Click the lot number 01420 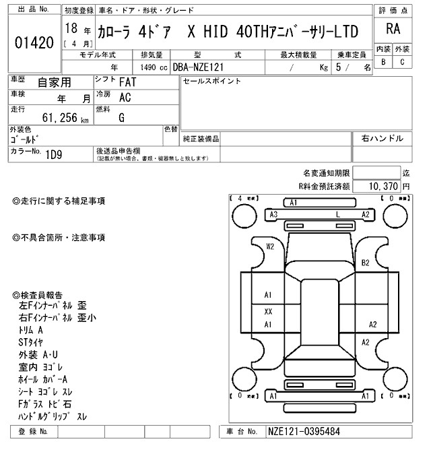click(34, 42)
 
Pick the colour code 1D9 click(55, 154)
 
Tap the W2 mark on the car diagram click(271, 247)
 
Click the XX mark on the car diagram click(268, 311)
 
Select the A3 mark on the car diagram click(274, 214)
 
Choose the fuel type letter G click(121, 117)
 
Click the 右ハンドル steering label click(383, 138)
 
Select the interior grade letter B click(383, 62)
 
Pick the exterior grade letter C click(402, 62)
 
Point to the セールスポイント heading click(212, 81)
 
